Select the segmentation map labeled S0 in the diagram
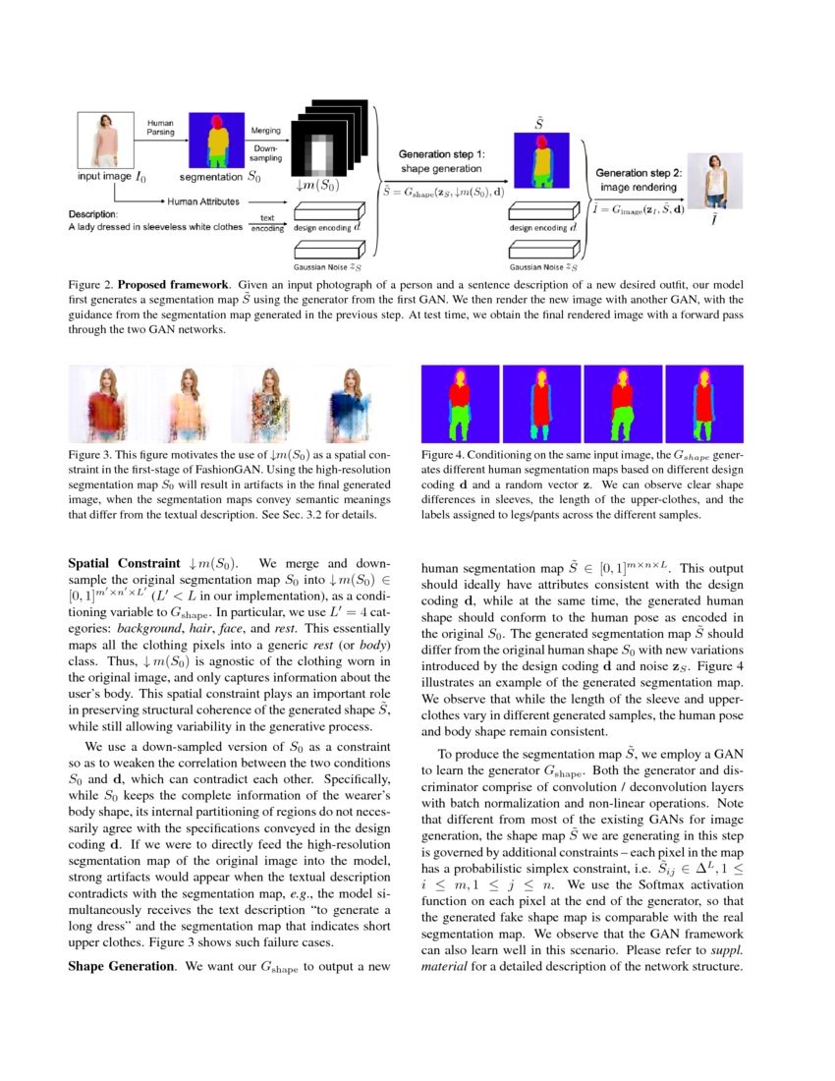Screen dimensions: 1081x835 coord(214,140)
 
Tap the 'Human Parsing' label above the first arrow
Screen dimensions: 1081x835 coord(160,128)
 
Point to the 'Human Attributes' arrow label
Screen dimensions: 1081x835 coord(203,201)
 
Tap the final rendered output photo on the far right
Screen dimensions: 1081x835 coord(713,184)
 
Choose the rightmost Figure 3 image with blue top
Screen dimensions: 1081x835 coord(352,404)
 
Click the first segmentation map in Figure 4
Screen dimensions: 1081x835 coord(460,404)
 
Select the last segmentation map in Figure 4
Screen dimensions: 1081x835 coord(705,404)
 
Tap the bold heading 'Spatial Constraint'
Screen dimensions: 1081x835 coord(123,564)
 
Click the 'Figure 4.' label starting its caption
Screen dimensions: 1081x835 coord(442,456)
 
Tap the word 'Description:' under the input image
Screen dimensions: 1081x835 coord(93,213)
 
